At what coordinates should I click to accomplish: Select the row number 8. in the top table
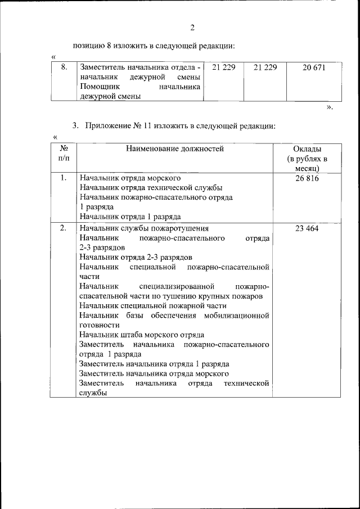click(64, 67)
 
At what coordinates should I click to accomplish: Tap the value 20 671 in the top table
click(313, 67)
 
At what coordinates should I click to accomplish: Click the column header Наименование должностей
click(175, 149)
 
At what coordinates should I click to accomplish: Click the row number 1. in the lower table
click(63, 178)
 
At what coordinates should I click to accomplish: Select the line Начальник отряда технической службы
click(151, 187)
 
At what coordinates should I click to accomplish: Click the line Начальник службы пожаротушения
click(144, 228)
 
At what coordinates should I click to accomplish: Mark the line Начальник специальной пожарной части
click(153, 305)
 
